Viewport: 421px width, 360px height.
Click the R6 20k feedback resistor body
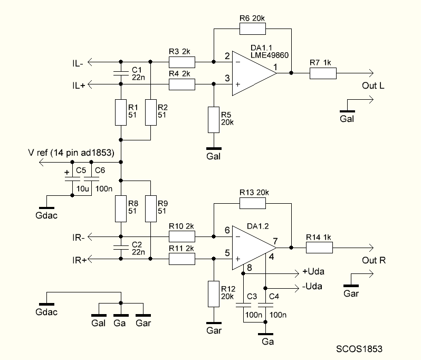coord(252,29)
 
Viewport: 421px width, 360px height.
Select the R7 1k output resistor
coord(323,73)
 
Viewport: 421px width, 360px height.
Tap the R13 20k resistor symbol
coord(252,203)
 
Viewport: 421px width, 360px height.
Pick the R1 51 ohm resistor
coord(121,112)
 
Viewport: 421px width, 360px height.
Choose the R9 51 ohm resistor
coord(151,209)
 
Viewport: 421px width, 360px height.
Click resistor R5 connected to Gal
coord(214,120)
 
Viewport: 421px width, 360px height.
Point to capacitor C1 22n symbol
coord(121,73)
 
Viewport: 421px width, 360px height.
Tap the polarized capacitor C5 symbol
coord(72,179)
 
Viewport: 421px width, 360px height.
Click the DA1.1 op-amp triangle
coord(254,73)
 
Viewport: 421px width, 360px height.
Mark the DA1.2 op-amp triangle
coord(254,248)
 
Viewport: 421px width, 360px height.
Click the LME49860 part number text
coord(270,55)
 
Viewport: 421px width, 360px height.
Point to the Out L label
coord(373,86)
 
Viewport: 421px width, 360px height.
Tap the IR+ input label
coord(80,260)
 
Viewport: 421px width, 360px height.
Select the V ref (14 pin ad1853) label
coord(71,153)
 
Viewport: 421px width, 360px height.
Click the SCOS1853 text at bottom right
coord(359,349)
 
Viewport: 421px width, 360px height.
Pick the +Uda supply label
coord(313,271)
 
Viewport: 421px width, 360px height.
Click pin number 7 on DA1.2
coord(275,241)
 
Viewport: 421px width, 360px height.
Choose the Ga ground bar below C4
coord(265,334)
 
